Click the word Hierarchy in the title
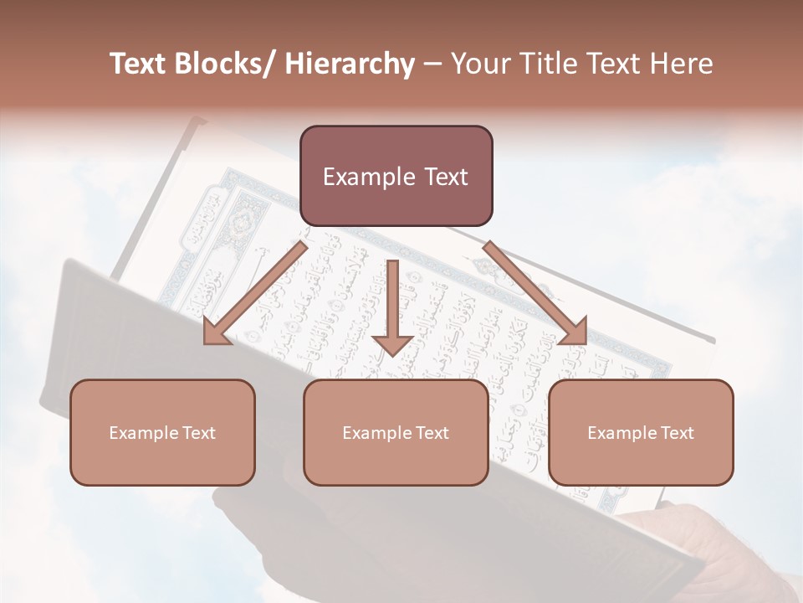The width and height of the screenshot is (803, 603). click(350, 64)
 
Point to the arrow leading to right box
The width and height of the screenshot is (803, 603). click(535, 292)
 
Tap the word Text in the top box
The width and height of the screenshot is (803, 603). click(444, 177)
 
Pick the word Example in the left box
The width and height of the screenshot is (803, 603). click(138, 433)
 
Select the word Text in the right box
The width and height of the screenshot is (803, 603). click(677, 433)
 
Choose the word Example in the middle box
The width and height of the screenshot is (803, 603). click(372, 433)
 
